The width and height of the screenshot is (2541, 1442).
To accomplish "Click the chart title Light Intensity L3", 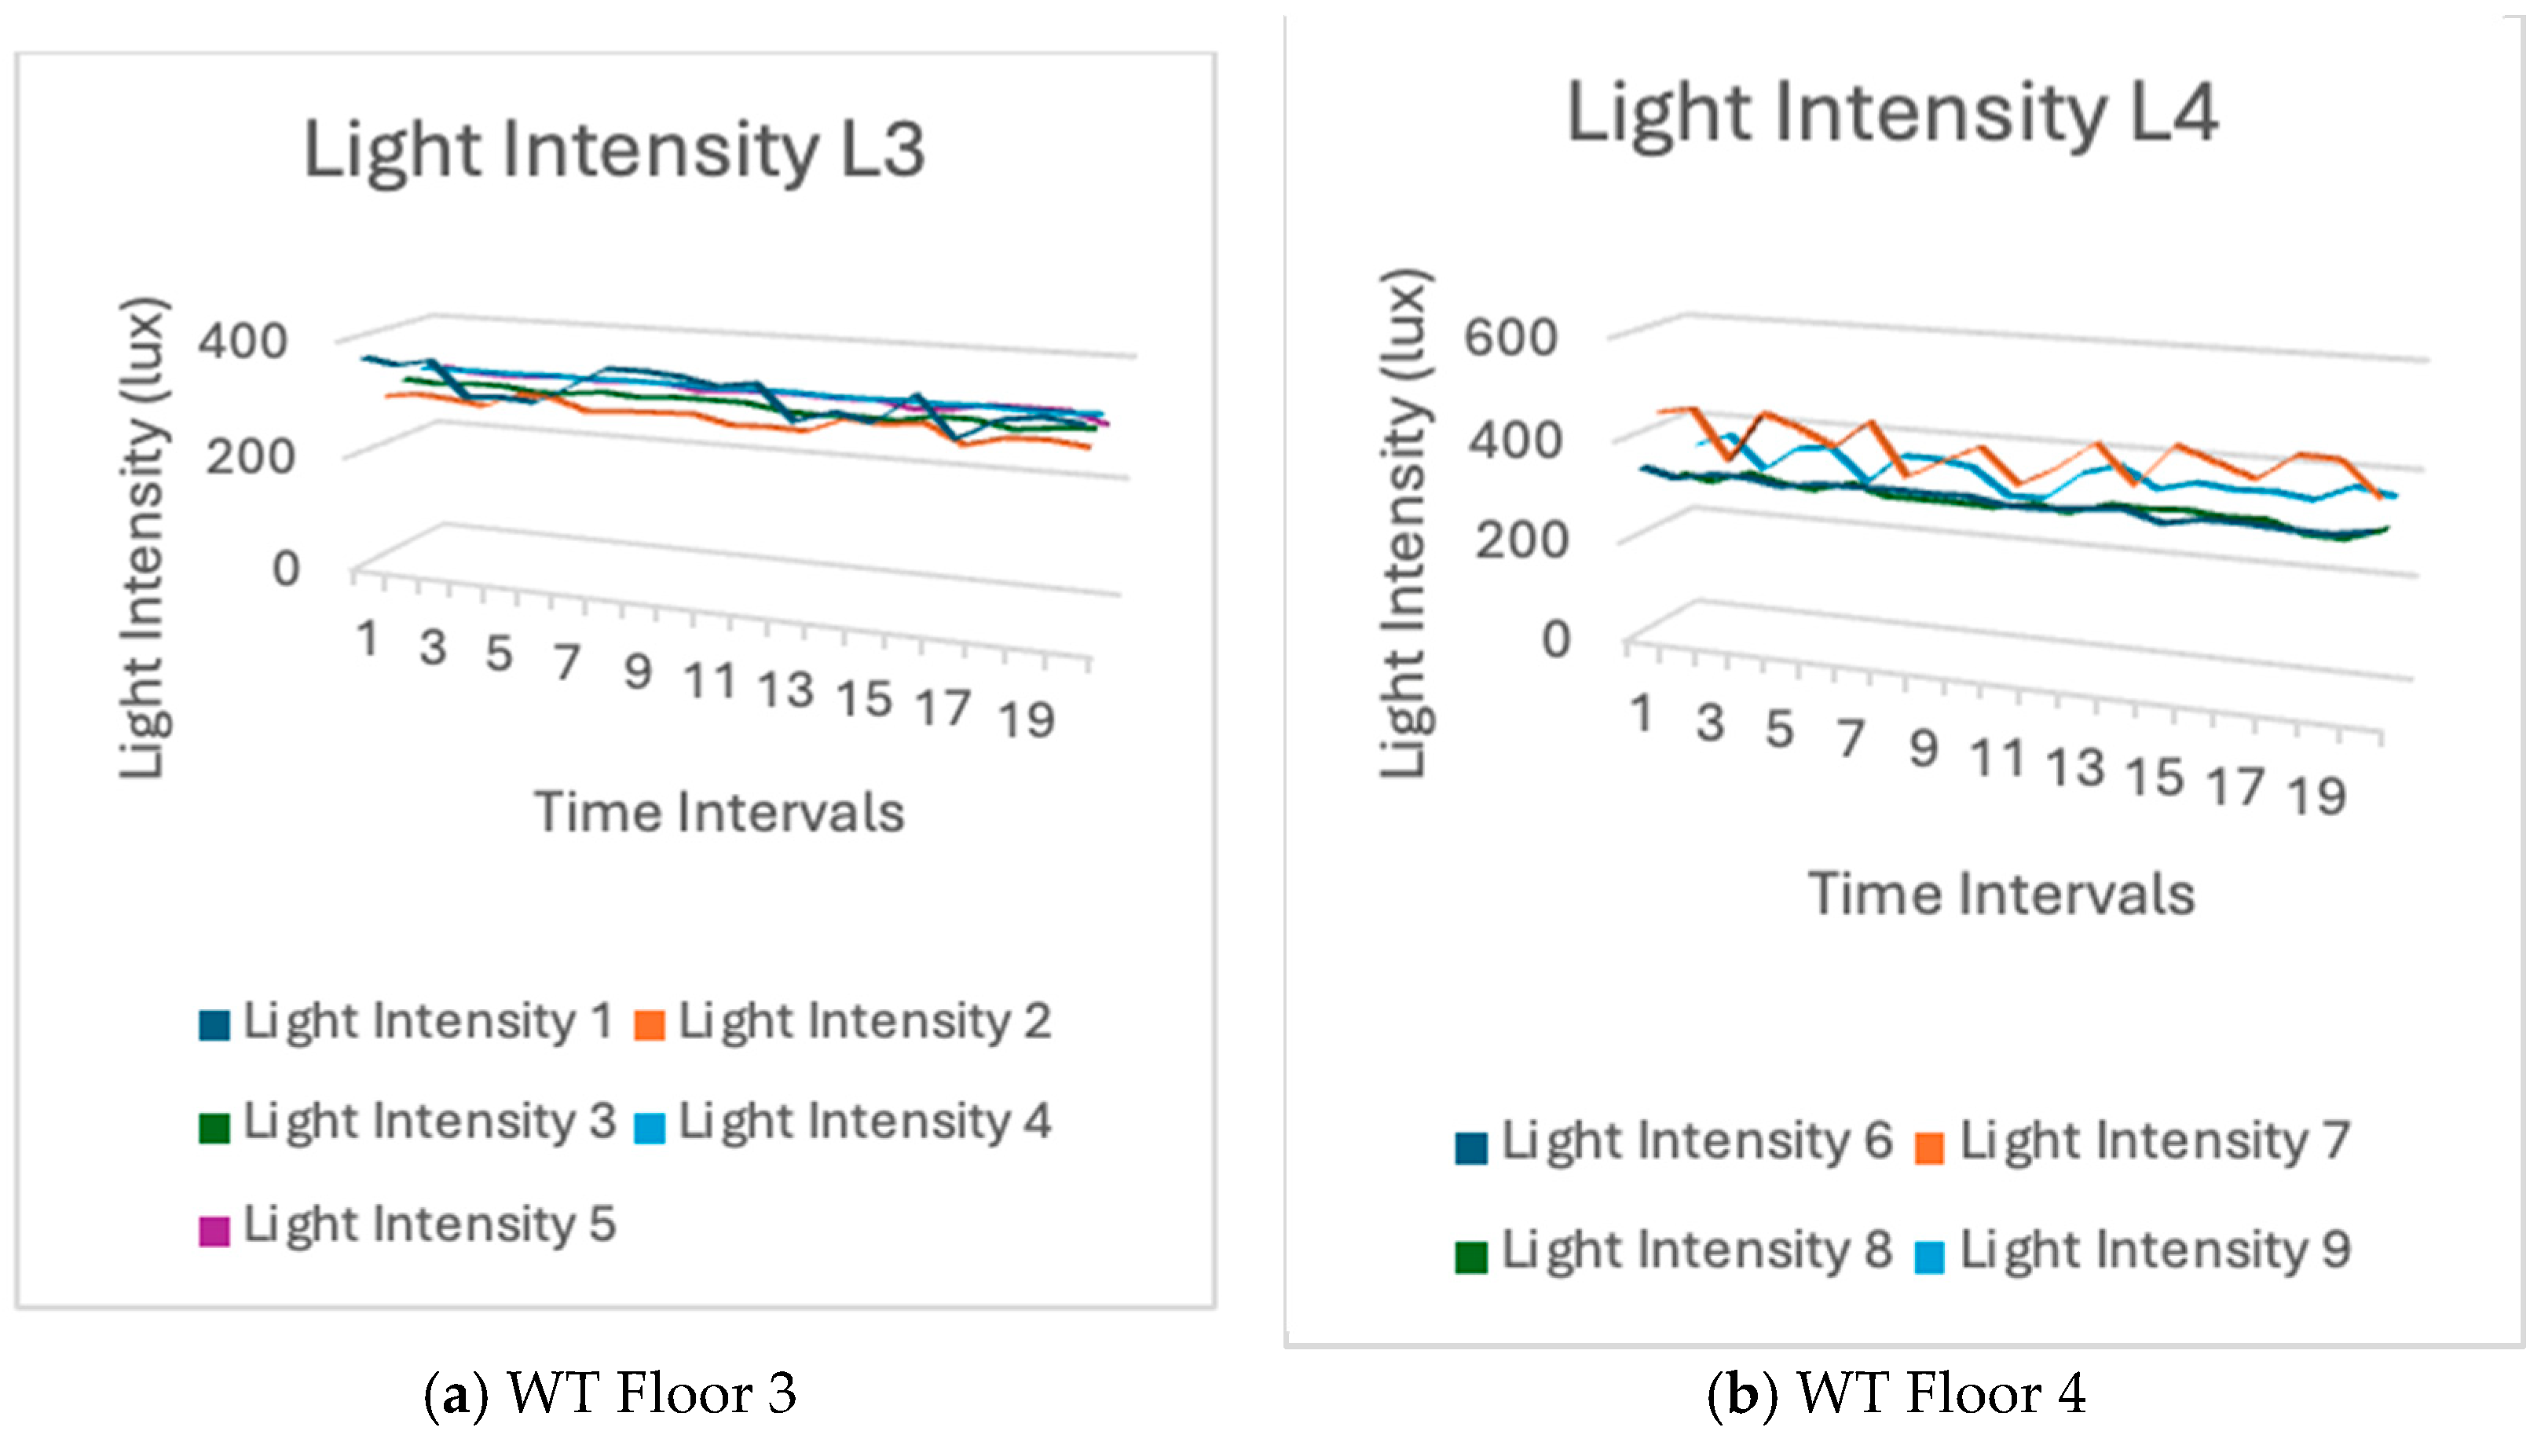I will point(614,151).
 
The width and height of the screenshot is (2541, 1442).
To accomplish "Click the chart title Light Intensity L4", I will point(1891,114).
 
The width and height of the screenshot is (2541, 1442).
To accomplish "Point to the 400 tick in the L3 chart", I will point(243,342).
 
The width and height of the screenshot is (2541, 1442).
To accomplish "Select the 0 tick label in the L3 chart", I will point(285,569).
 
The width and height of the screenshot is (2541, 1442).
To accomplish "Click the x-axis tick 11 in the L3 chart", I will point(710,682).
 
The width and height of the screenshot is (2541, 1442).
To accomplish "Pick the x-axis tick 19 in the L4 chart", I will point(2316,796).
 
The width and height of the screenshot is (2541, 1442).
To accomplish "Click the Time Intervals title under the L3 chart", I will point(719,813).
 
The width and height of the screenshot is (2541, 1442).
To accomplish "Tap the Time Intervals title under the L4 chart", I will point(2001,895).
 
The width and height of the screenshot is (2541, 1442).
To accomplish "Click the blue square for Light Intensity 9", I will point(1928,1257).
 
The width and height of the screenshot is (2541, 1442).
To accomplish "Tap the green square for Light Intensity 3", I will point(214,1128).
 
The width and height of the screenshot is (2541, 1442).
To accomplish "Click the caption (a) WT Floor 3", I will point(610,1394).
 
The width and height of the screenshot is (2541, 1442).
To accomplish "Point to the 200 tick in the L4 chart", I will point(1521,540).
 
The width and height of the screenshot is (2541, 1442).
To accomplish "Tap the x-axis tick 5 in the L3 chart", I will point(498,653).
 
